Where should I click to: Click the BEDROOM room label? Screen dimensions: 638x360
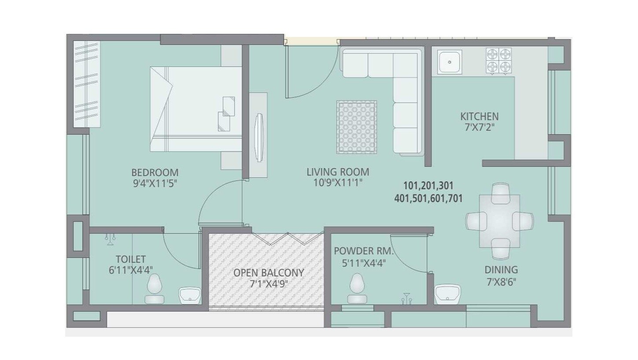(155, 173)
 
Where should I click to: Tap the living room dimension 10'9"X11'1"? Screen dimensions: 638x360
(338, 182)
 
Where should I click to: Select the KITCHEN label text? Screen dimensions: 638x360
(479, 116)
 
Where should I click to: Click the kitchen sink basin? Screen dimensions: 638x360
(450, 62)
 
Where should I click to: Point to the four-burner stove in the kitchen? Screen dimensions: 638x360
(498, 61)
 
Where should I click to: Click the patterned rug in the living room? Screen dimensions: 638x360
(357, 127)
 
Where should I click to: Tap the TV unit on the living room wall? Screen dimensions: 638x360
(258, 135)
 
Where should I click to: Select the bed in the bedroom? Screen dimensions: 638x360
(196, 109)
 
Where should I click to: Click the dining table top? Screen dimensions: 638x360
(500, 221)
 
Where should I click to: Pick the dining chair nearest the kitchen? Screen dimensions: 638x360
(501, 193)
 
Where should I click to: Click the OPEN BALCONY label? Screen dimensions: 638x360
(269, 272)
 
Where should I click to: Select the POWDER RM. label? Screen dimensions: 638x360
(363, 251)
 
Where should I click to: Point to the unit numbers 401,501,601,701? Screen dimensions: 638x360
(428, 198)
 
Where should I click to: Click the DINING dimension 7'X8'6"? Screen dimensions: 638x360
(501, 282)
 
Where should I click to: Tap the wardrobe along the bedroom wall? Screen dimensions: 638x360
(87, 84)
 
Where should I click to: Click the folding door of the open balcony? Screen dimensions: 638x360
(288, 239)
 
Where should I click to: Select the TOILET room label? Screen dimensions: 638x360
(131, 259)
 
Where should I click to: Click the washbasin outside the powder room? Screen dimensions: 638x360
(447, 294)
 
